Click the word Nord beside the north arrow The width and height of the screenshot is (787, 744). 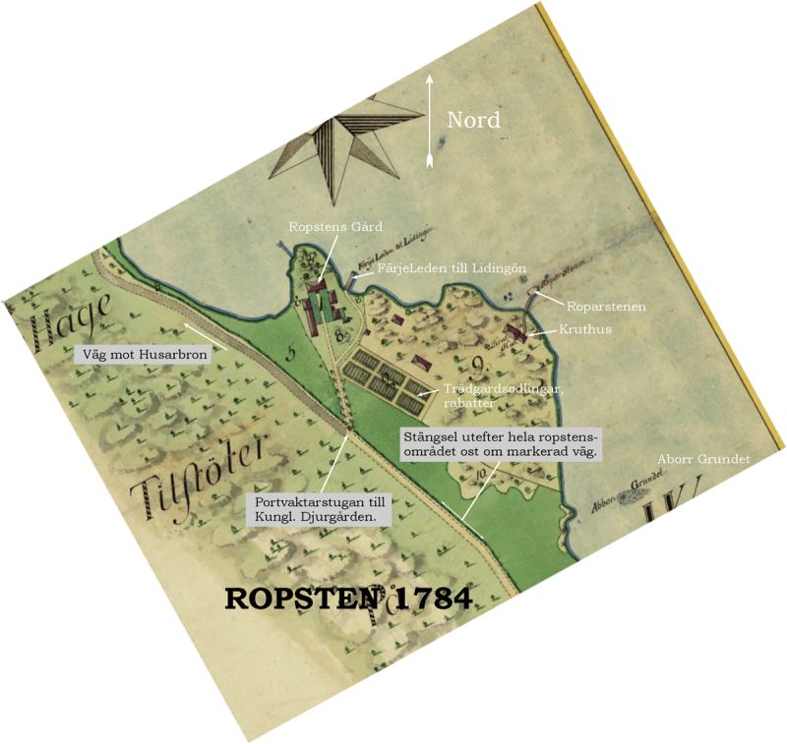click(474, 120)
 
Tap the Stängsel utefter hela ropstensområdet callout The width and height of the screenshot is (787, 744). click(502, 442)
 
